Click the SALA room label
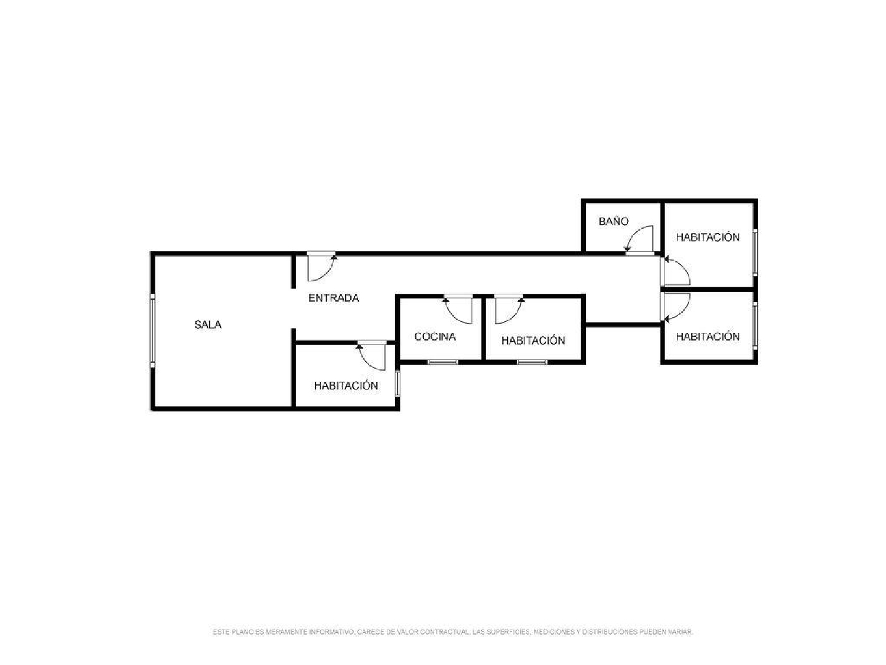(208, 325)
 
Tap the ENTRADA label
(333, 298)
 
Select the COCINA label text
(435, 336)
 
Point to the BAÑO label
(613, 222)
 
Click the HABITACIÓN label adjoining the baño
(708, 237)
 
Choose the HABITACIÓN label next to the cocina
(533, 340)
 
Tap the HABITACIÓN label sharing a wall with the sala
(346, 385)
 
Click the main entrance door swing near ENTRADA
(321, 267)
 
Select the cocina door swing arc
(458, 310)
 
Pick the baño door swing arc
(640, 239)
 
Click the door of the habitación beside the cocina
(509, 310)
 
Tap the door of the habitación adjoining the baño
(676, 271)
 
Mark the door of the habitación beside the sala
(372, 357)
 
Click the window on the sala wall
(152, 331)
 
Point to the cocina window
(442, 362)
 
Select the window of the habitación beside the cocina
(532, 362)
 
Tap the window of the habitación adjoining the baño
(755, 252)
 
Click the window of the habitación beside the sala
(398, 383)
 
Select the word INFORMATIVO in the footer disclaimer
(331, 632)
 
